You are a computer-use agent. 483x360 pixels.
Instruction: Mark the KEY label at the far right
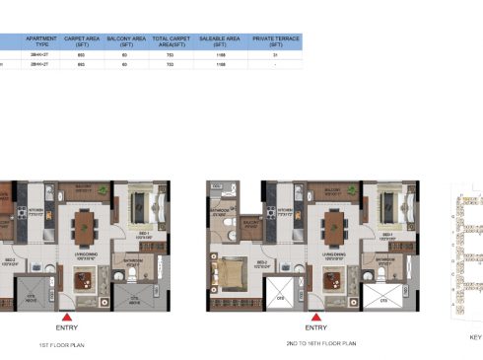(x=476, y=335)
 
